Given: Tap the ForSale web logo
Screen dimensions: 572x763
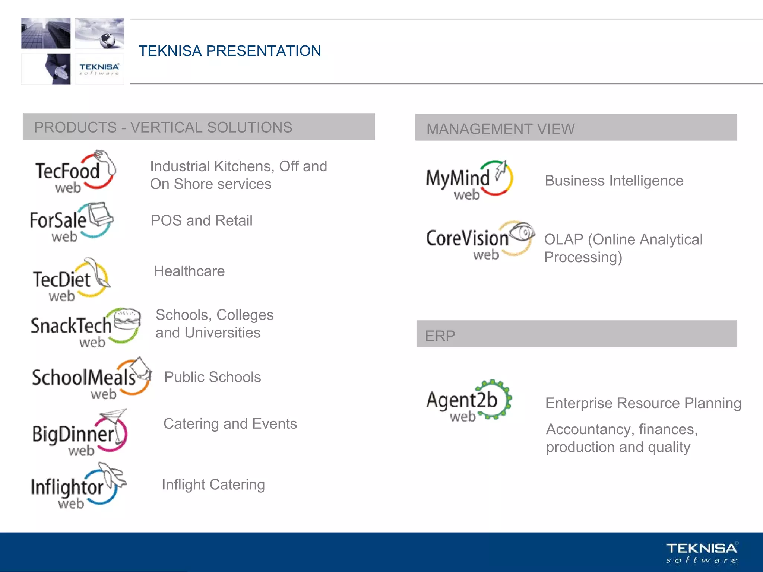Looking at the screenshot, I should tap(71, 222).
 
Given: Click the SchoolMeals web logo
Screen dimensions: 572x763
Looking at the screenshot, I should tap(91, 378).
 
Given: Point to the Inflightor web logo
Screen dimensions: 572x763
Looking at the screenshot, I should tap(78, 486).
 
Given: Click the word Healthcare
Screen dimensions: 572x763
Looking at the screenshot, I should tap(189, 271).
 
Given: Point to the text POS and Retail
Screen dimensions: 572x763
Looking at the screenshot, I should tap(202, 220).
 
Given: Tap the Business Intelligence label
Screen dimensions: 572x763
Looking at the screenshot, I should tap(614, 181).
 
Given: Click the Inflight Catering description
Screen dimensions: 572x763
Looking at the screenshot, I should tap(213, 484).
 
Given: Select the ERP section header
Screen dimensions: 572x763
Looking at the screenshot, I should tap(440, 336).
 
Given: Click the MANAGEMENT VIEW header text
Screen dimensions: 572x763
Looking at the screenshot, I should tap(500, 129).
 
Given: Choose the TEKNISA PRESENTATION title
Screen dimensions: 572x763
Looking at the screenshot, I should tap(229, 51).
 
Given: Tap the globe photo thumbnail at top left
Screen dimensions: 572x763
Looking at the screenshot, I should tap(99, 33).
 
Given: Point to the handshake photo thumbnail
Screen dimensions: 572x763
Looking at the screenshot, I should tap(46, 69).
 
